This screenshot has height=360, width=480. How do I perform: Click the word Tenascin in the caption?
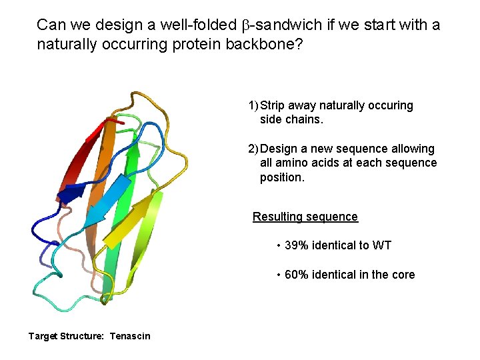130,336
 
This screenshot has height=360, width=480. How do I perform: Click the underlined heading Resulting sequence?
305,217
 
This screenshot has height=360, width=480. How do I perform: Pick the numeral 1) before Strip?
253,105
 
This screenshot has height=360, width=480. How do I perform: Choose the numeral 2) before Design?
253,149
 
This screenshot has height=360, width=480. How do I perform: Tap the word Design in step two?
279,149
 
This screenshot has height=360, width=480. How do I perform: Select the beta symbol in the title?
244,26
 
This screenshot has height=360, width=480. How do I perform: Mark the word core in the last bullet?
402,275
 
